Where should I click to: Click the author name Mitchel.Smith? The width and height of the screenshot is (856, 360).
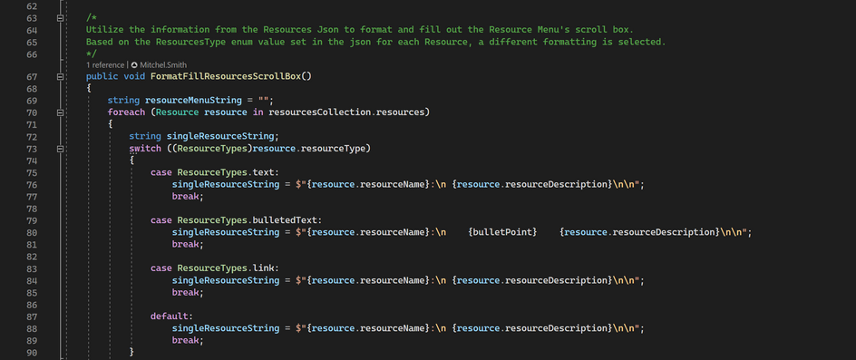pos(163,64)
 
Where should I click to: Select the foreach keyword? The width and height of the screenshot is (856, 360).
pos(125,112)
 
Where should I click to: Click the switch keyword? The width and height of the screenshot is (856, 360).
pos(145,148)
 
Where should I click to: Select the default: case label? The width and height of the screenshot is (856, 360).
pos(170,316)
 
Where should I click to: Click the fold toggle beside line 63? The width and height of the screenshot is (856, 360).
pos(60,17)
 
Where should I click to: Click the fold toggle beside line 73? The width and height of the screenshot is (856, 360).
pos(60,148)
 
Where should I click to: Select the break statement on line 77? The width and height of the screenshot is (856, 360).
pos(187,196)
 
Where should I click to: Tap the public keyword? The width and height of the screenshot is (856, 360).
pos(102,76)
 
